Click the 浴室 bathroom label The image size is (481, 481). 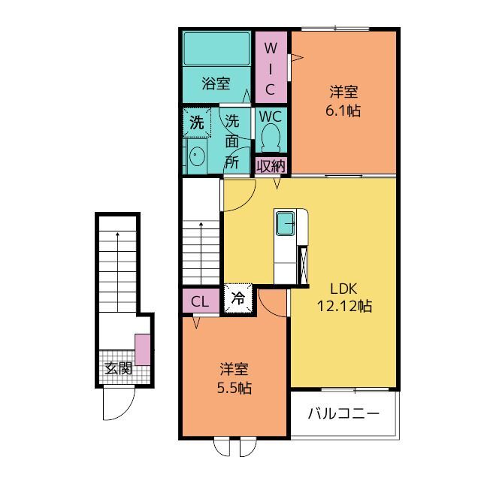pyautogui.click(x=216, y=83)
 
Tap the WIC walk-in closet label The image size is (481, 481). pyautogui.click(x=271, y=69)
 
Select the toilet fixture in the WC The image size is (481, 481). pyautogui.click(x=271, y=138)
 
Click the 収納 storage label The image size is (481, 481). pyautogui.click(x=271, y=166)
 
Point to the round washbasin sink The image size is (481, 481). pyautogui.click(x=196, y=156)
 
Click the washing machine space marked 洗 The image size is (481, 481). pyautogui.click(x=197, y=123)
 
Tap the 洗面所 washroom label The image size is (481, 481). pyautogui.click(x=232, y=141)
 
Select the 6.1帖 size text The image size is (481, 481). pyautogui.click(x=343, y=110)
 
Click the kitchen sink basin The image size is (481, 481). pyautogui.click(x=286, y=223)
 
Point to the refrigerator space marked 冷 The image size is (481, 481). pyautogui.click(x=238, y=298)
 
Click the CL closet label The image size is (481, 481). pyautogui.click(x=200, y=302)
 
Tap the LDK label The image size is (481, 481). pyautogui.click(x=343, y=289)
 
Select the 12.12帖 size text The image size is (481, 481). pyautogui.click(x=344, y=306)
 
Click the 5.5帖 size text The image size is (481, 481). pyautogui.click(x=234, y=388)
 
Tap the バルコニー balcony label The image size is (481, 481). pyautogui.click(x=343, y=414)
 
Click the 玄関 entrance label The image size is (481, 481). pyautogui.click(x=118, y=368)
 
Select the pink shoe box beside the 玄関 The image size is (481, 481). pyautogui.click(x=143, y=349)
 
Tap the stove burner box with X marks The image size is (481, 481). pyautogui.click(x=303, y=265)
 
